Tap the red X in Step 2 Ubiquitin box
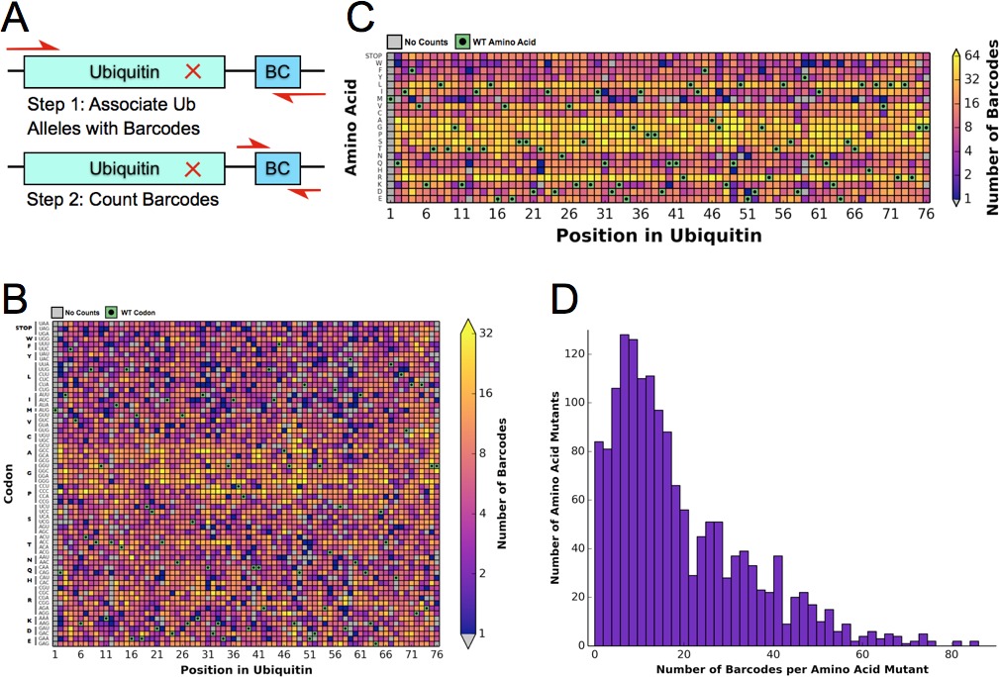point(194,168)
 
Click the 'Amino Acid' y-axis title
point(352,129)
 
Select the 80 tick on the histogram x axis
point(951,655)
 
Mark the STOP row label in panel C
point(373,55)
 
